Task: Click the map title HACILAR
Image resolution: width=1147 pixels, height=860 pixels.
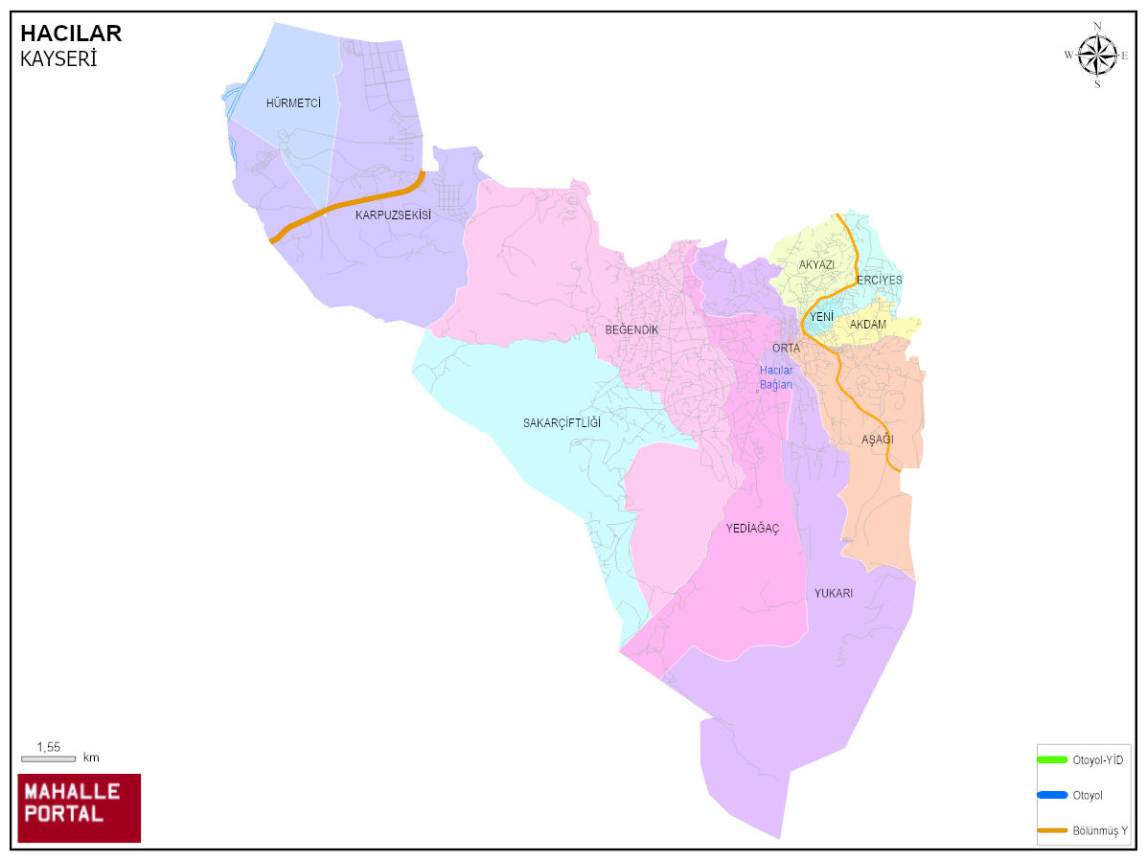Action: click(71, 34)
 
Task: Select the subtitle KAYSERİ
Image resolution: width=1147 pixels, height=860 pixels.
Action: click(58, 59)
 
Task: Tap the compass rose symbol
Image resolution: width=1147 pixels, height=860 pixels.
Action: click(1097, 55)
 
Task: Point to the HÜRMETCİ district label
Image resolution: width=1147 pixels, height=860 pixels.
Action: click(293, 103)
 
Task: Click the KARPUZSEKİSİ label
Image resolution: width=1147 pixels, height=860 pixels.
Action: click(393, 215)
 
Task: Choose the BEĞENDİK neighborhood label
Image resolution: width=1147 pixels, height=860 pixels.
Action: click(631, 330)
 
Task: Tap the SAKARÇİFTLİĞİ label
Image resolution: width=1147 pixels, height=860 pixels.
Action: click(562, 423)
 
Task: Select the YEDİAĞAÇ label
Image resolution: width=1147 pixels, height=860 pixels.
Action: click(752, 529)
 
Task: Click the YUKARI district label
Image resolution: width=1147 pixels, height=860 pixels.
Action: click(834, 594)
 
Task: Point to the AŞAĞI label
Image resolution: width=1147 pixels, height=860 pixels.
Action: click(877, 440)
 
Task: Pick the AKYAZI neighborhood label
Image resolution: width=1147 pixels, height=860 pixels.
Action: click(816, 264)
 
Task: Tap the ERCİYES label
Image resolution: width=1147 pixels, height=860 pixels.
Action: click(880, 281)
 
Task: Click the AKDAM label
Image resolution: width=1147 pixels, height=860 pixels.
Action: click(868, 325)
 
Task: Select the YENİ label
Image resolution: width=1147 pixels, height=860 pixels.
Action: click(821, 317)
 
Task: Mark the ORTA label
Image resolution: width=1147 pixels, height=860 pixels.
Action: click(786, 349)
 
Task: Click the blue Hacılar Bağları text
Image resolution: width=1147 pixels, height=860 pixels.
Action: click(776, 377)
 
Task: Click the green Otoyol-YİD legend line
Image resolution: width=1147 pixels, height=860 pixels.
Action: click(1052, 759)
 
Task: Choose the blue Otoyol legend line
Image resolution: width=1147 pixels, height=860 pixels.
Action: click(1052, 795)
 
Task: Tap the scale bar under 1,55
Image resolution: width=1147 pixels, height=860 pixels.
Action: click(48, 758)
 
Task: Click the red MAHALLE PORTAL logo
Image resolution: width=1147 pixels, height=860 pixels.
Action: click(80, 807)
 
